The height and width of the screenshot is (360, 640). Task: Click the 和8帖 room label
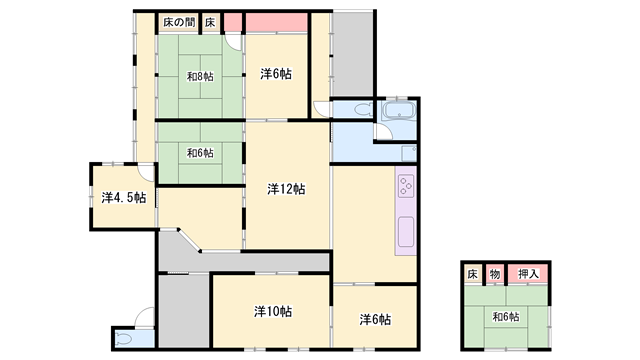pyautogui.click(x=200, y=76)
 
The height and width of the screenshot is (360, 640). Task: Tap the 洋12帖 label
pyautogui.click(x=286, y=189)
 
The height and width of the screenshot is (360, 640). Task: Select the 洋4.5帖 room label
pyautogui.click(x=124, y=198)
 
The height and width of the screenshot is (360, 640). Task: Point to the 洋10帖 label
pyautogui.click(x=273, y=311)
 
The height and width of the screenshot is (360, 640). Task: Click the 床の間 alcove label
pyautogui.click(x=179, y=22)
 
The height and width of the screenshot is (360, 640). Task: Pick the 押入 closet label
pyautogui.click(x=528, y=274)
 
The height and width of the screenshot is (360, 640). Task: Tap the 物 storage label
pyautogui.click(x=495, y=274)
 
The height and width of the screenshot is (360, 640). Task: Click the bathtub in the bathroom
pyautogui.click(x=399, y=110)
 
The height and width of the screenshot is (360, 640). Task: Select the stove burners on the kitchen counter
pyautogui.click(x=406, y=185)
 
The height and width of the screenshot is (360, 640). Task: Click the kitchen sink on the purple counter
pyautogui.click(x=406, y=232)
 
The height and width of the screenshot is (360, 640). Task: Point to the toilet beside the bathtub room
pyautogui.click(x=363, y=109)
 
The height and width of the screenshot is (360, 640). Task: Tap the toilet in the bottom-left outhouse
pyautogui.click(x=124, y=339)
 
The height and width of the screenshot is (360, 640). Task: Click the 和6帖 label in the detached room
pyautogui.click(x=506, y=316)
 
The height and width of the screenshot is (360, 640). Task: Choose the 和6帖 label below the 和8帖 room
pyautogui.click(x=200, y=153)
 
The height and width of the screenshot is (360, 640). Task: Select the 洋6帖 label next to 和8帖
pyautogui.click(x=276, y=74)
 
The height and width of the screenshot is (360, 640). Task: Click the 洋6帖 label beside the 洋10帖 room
pyautogui.click(x=375, y=319)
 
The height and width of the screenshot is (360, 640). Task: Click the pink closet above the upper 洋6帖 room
pyautogui.click(x=276, y=22)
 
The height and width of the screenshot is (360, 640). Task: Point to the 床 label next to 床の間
pyautogui.click(x=210, y=22)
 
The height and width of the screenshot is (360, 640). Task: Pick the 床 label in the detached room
pyautogui.click(x=472, y=274)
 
